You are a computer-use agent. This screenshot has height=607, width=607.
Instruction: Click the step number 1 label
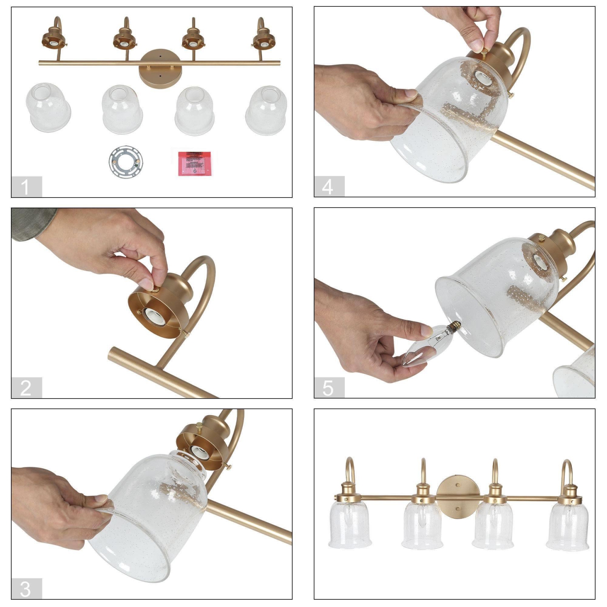pos(26,187)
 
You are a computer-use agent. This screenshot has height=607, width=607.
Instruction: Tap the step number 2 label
pos(26,388)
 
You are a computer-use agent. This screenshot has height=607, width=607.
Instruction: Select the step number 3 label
pos(26,589)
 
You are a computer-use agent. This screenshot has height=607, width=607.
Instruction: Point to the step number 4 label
pos(329,187)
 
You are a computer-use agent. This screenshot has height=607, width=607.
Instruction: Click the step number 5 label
pos(329,388)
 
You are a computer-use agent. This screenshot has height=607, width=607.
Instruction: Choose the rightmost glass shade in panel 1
pos(266,110)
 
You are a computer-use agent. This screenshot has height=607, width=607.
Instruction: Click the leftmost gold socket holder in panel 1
pos(54,38)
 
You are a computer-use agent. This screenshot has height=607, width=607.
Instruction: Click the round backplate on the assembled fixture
pos(457,496)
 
